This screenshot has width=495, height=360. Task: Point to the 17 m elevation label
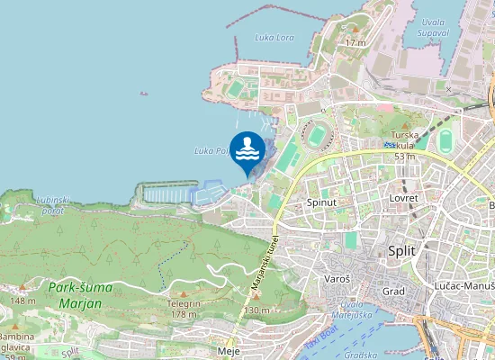355,42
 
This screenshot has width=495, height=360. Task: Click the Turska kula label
404,145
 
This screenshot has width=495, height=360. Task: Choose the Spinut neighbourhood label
321,203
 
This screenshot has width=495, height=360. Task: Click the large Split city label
401,251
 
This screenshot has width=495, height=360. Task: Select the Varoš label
337,280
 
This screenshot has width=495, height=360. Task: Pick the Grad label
393,292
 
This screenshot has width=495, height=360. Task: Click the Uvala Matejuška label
357,310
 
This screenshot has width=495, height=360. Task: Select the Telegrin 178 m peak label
184,309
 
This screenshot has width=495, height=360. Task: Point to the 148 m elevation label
23,301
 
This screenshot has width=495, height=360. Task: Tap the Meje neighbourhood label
229,351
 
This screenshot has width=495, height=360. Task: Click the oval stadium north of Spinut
318,136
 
